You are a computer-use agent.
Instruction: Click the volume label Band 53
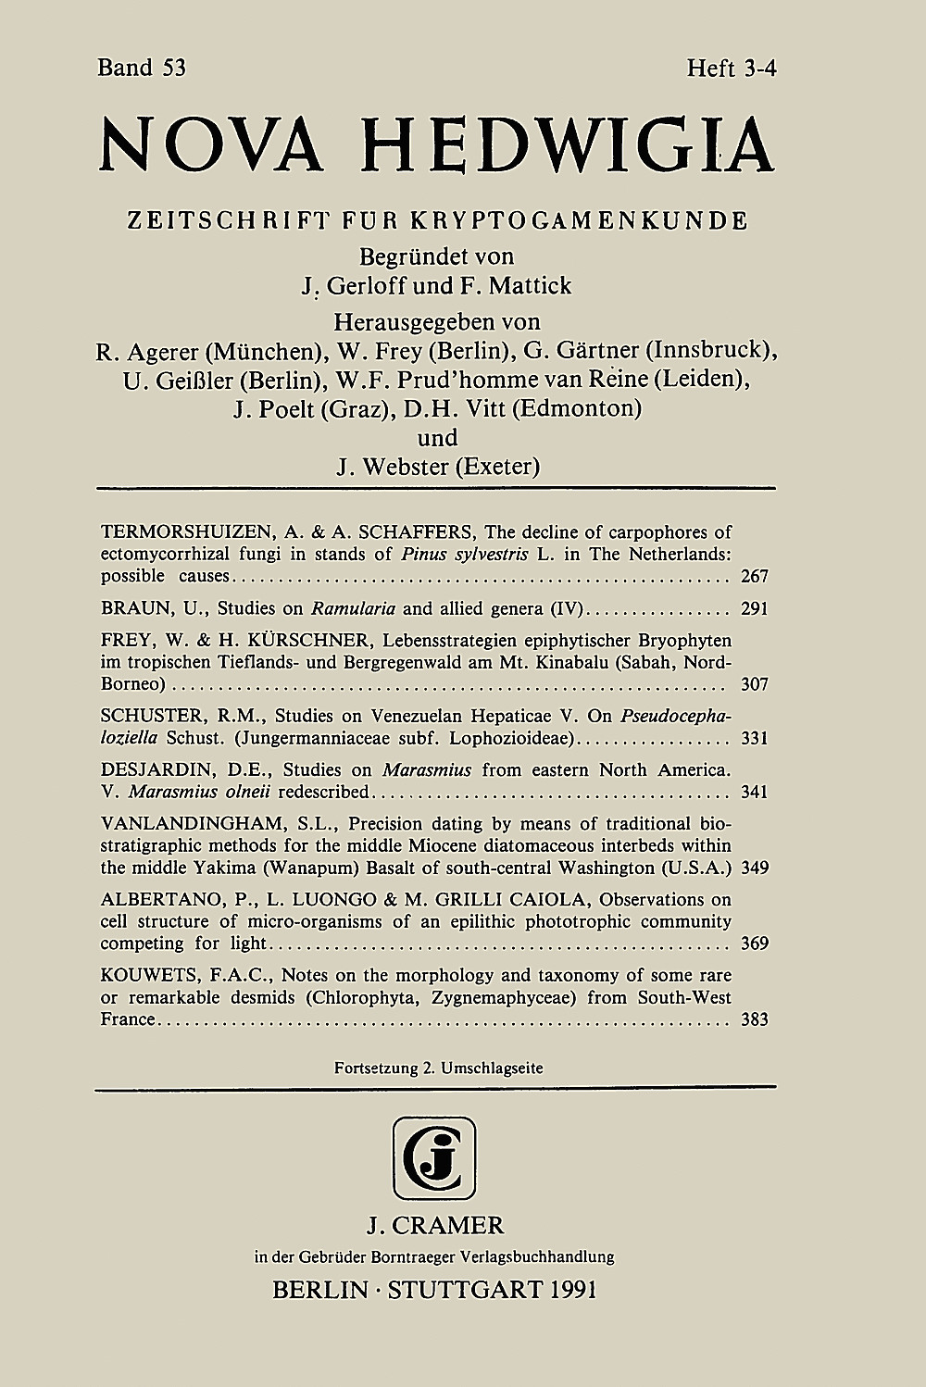click(x=142, y=68)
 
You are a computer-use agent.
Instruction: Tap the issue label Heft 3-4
click(x=730, y=68)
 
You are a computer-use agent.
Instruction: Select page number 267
click(x=755, y=576)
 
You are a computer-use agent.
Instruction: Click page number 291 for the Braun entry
click(x=755, y=609)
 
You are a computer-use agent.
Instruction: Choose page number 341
click(x=755, y=793)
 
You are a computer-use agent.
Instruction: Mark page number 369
click(x=755, y=944)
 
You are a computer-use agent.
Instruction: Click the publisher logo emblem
click(x=434, y=1157)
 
